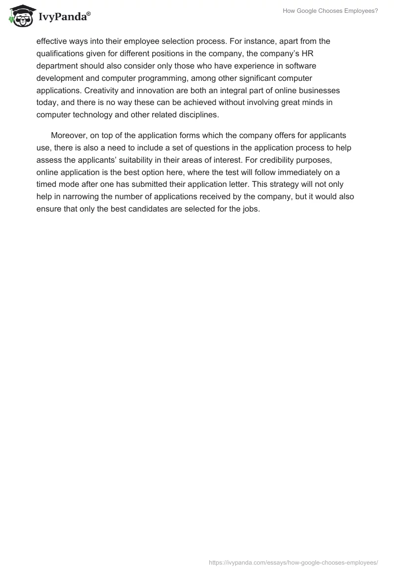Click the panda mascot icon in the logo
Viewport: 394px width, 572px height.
coord(20,16)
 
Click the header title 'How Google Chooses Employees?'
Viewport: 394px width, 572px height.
coord(330,11)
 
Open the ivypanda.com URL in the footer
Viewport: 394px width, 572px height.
coord(294,562)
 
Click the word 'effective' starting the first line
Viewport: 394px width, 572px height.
coord(52,41)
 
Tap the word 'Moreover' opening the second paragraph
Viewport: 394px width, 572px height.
coord(69,135)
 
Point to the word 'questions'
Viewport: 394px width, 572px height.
coord(209,148)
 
